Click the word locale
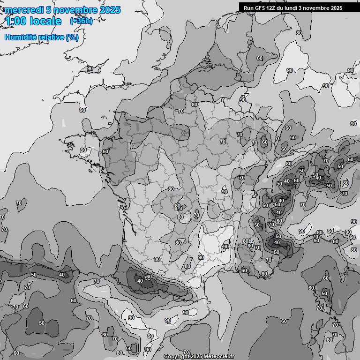coord(45,21)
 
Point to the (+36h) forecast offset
coord(81,21)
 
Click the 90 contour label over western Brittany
coord(83,150)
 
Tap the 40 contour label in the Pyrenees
coord(140,281)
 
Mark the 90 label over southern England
coord(90,68)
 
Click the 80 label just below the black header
coord(299,33)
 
